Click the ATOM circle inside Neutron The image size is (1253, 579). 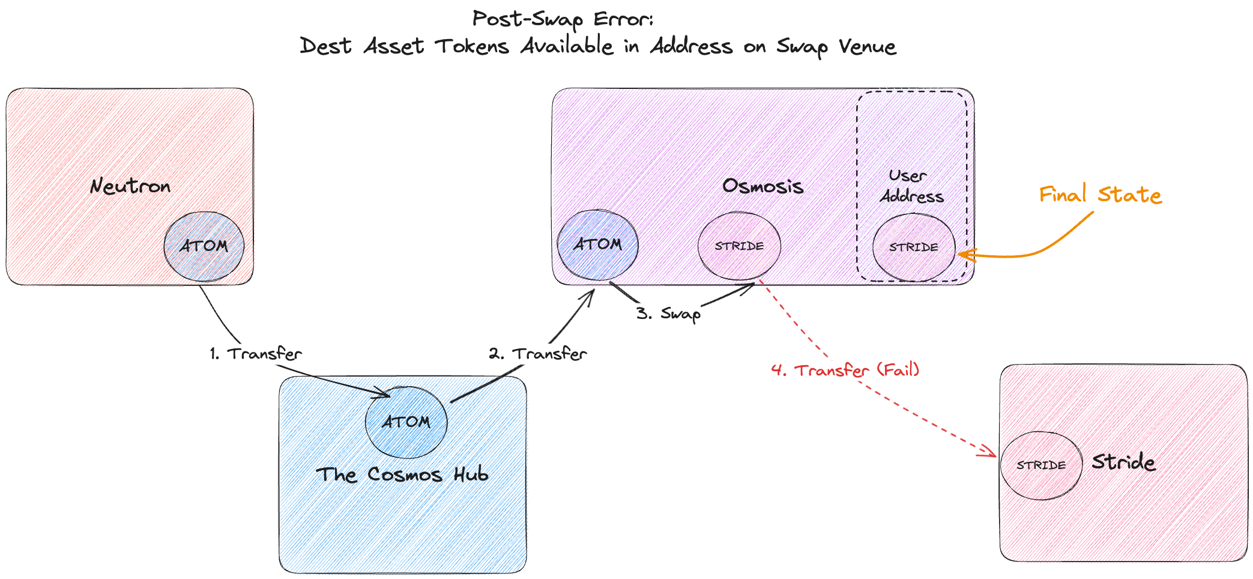204,246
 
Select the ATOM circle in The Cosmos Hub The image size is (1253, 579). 406,422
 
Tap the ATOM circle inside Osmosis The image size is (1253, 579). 598,244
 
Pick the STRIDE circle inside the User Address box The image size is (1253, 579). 914,247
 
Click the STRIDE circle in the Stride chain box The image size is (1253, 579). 1042,465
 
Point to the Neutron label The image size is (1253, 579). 130,186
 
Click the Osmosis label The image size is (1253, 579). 763,186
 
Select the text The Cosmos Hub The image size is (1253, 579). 402,474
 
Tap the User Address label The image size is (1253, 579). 911,186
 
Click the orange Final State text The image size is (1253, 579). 1101,195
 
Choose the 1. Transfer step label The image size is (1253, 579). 256,354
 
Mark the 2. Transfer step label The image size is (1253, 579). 538,354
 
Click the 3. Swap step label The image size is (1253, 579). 669,314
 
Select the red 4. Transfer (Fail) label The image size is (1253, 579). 845,369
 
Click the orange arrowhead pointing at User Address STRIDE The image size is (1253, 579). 964,255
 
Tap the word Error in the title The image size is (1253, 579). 623,19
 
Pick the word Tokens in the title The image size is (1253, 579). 473,46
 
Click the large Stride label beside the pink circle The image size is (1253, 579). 1123,462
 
